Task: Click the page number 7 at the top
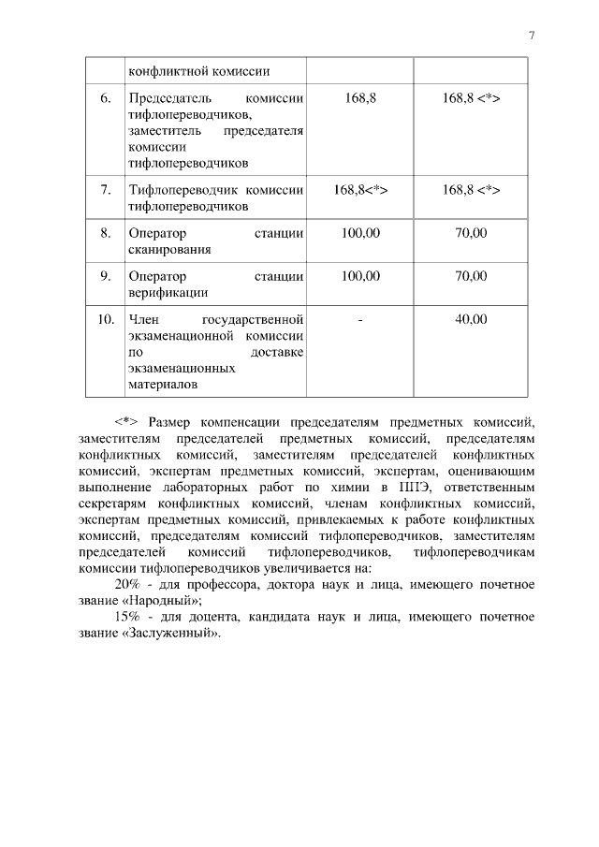coord(531,36)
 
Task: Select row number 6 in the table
coord(106,98)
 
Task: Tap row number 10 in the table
coord(106,320)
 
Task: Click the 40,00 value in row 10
coord(471,320)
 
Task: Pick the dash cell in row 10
coord(360,320)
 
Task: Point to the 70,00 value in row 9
coord(471,276)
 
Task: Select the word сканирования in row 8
coord(169,250)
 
